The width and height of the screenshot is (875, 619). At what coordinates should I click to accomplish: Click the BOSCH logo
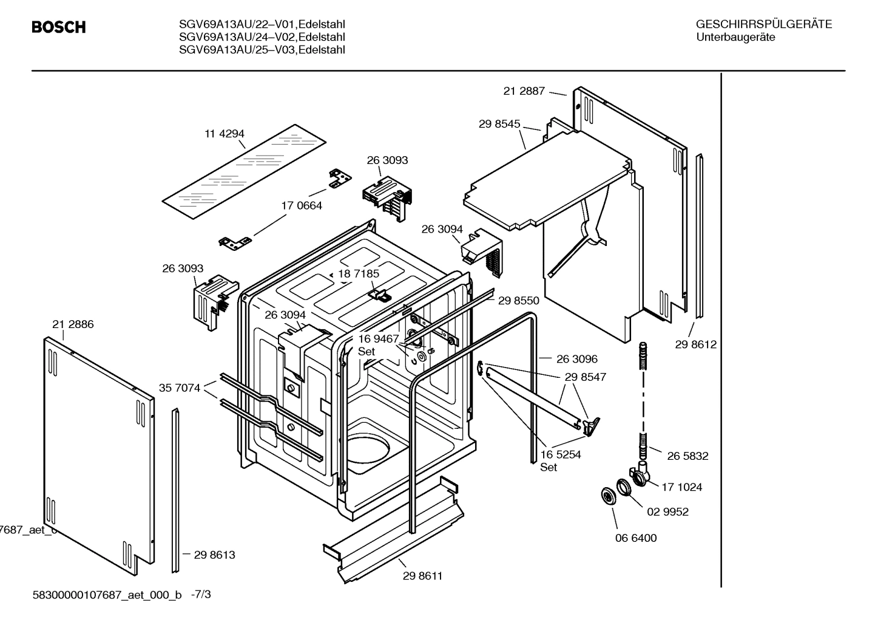pyautogui.click(x=58, y=27)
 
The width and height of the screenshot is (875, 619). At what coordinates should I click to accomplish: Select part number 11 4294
pyautogui.click(x=224, y=134)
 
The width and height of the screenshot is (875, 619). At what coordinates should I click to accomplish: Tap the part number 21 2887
pyautogui.click(x=524, y=91)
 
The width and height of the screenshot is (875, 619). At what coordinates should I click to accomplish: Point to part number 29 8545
pyautogui.click(x=499, y=124)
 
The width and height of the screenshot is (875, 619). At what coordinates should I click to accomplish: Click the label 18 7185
pyautogui.click(x=358, y=274)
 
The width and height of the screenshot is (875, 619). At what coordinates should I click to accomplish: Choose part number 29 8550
pyautogui.click(x=518, y=300)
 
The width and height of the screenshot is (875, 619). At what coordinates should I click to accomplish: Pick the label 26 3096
pyautogui.click(x=576, y=359)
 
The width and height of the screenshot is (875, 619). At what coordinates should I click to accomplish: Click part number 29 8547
pyautogui.click(x=585, y=377)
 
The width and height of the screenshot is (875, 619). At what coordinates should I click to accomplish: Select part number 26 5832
pyautogui.click(x=687, y=456)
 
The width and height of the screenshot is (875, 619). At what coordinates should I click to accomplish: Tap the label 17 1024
pyautogui.click(x=681, y=487)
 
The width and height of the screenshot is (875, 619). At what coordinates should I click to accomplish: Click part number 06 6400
pyautogui.click(x=635, y=538)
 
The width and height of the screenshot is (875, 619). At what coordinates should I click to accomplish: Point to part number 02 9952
pyautogui.click(x=667, y=511)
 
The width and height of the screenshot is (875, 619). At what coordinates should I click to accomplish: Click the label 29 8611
pyautogui.click(x=422, y=576)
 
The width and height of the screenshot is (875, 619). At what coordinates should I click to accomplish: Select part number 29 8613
pyautogui.click(x=214, y=555)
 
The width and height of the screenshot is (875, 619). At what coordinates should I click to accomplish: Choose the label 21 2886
pyautogui.click(x=73, y=324)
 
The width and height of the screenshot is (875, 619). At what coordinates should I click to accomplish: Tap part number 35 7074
pyautogui.click(x=179, y=388)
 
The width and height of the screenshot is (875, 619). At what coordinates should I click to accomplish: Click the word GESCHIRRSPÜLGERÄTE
pyautogui.click(x=763, y=25)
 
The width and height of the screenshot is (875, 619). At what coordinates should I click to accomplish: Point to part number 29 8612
pyautogui.click(x=695, y=344)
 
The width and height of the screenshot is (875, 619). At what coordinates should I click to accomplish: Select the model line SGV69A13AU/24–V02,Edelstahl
pyautogui.click(x=262, y=37)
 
